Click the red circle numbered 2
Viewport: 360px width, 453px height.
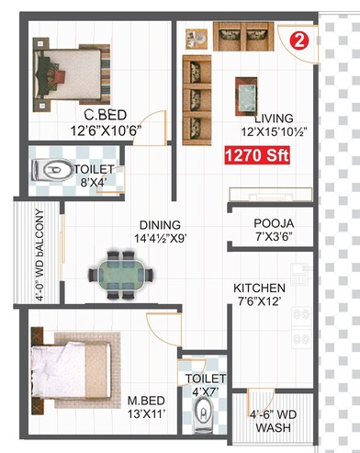(x=299, y=40)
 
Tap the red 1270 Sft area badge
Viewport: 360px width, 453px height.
(x=258, y=157)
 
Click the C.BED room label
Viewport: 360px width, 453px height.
(x=105, y=115)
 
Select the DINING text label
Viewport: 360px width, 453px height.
(x=160, y=224)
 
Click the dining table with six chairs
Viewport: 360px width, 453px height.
(x=118, y=271)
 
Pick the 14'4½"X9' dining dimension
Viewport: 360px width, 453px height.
(x=158, y=239)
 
